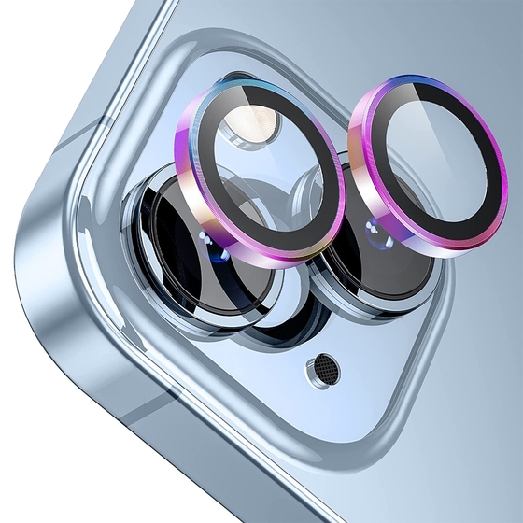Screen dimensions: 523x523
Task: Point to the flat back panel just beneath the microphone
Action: [x=328, y=411]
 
